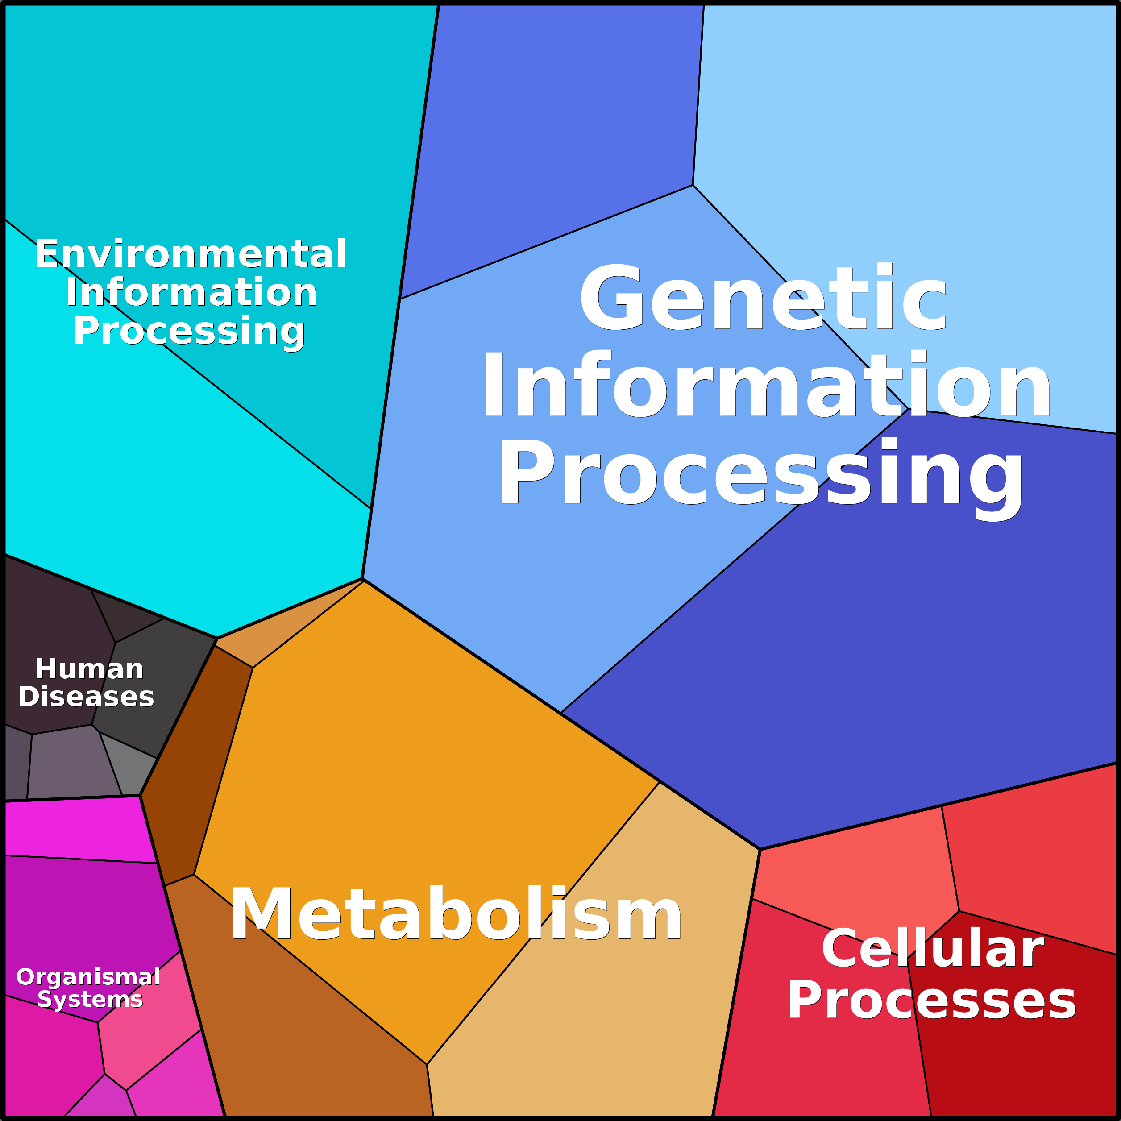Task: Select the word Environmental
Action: click(x=190, y=254)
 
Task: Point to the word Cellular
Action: click(x=932, y=949)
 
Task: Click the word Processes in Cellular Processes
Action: click(x=931, y=1000)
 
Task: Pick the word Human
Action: click(x=89, y=669)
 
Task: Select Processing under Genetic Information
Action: click(x=760, y=473)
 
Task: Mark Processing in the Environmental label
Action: click(x=189, y=331)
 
